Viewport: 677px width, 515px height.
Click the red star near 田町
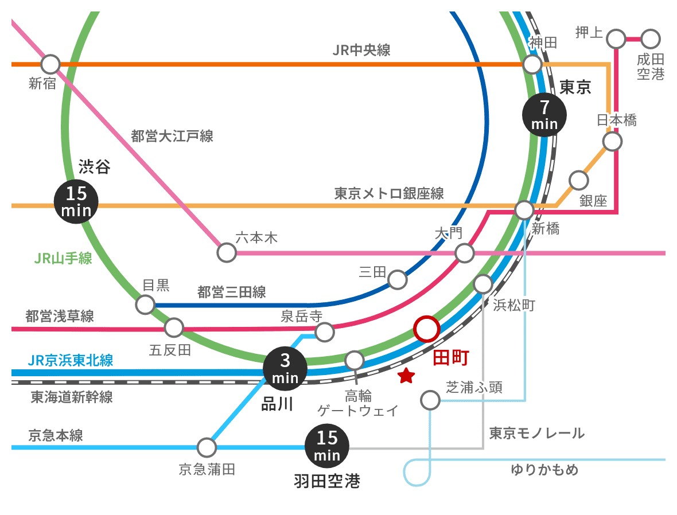pos(406,376)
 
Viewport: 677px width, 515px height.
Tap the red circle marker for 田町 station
pos(426,329)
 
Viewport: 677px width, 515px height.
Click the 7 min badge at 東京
pos(544,115)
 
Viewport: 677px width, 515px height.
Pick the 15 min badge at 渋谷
pos(76,201)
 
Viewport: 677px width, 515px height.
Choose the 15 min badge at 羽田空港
pos(327,446)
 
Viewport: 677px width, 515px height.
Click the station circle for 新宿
pos(50,64)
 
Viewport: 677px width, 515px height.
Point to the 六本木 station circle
pos(227,252)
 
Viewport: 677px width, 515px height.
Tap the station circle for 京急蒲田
pos(206,447)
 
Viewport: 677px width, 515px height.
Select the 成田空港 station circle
pos(651,39)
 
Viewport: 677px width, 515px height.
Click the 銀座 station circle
pos(578,180)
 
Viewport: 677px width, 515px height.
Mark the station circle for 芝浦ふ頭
pos(430,400)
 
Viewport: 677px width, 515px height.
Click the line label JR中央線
pos(361,50)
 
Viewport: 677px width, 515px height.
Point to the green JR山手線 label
pos(63,259)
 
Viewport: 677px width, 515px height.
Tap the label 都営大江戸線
pos(172,136)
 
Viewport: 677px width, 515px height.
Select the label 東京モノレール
pos(536,433)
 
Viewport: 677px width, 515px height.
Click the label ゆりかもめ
pos(544,470)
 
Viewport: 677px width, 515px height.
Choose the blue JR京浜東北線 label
pos(71,361)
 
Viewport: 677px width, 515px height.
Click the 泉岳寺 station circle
pos(325,331)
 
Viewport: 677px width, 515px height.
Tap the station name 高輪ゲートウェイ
pos(358,403)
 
